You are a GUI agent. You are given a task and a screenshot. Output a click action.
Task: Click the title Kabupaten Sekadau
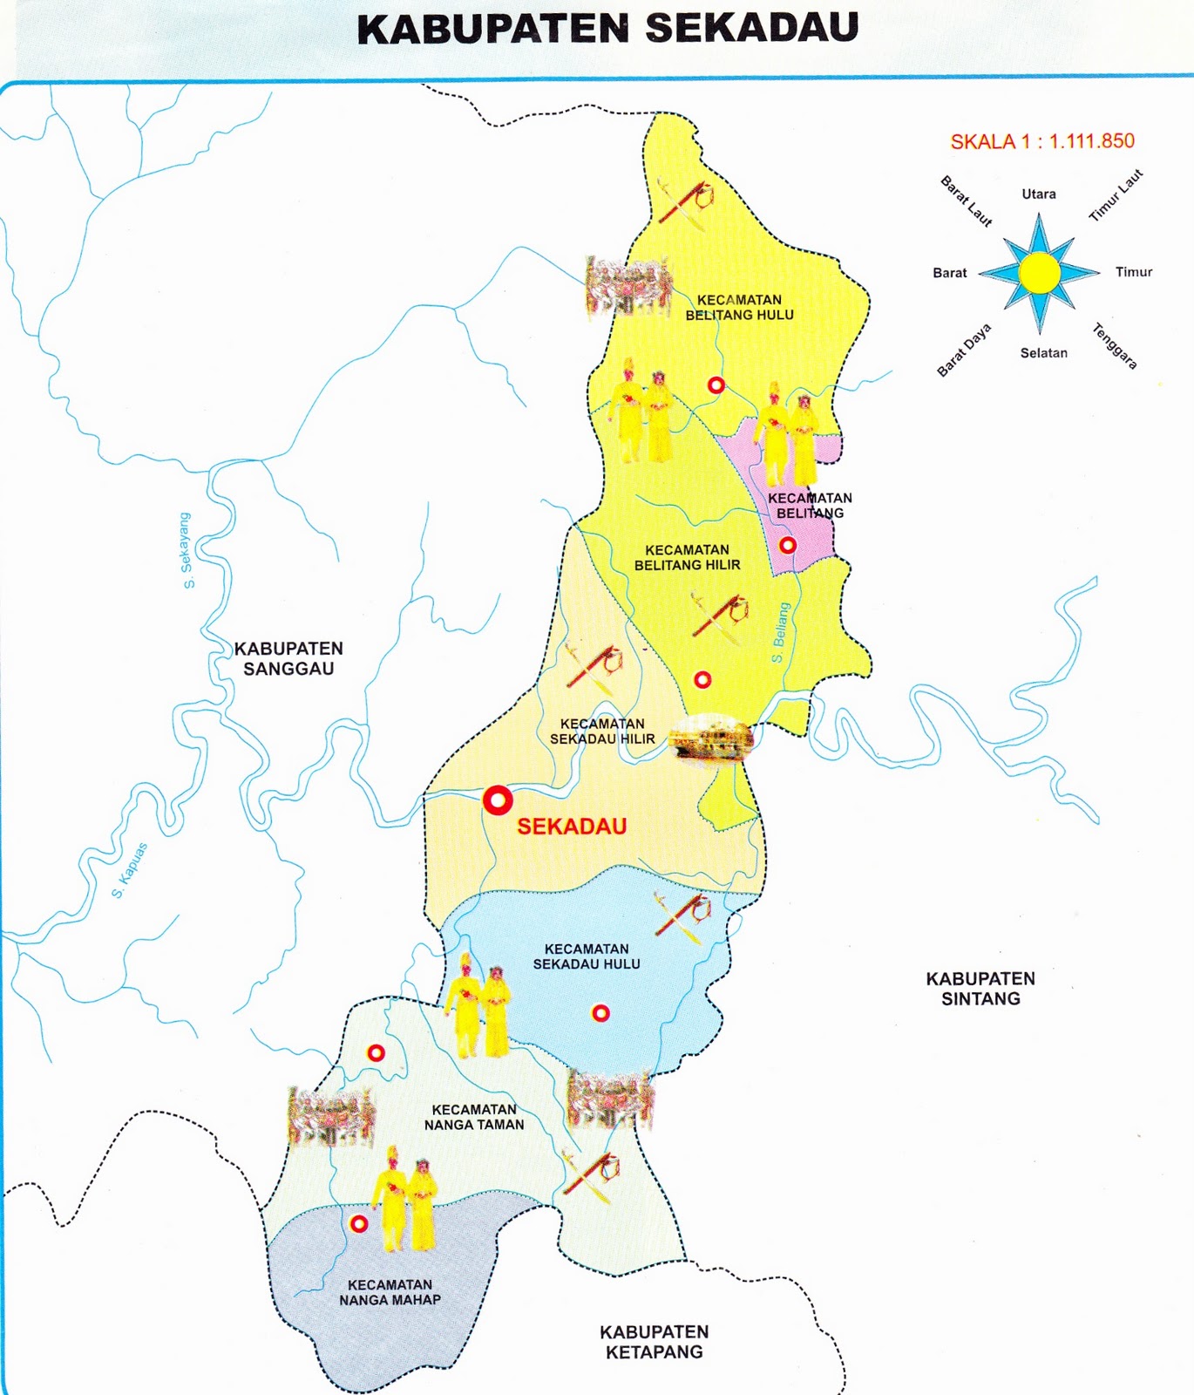[x=607, y=28]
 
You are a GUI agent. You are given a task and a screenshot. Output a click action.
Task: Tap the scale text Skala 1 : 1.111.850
[x=1041, y=141]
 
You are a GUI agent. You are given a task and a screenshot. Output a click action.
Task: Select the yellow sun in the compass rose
[x=1039, y=273]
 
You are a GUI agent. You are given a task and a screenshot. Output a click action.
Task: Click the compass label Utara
[x=1039, y=194]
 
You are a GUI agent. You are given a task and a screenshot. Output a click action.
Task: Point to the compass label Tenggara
[x=1115, y=346]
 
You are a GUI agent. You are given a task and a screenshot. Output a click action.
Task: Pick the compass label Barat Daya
[x=964, y=350]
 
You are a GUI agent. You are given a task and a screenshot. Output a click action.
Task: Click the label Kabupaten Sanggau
[x=288, y=658]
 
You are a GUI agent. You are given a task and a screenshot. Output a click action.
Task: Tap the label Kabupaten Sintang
[x=980, y=989]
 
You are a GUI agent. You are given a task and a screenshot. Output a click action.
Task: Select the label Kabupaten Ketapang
[x=654, y=1342]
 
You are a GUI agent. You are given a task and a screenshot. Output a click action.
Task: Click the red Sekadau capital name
[x=572, y=827]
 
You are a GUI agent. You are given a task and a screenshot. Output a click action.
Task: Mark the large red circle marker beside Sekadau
[x=498, y=800]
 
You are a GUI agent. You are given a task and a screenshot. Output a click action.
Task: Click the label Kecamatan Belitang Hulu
[x=739, y=307]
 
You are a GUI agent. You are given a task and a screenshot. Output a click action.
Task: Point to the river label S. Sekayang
[x=187, y=550]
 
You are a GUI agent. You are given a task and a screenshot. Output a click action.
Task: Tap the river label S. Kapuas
[x=130, y=870]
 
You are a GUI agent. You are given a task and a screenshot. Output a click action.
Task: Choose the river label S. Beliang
[x=780, y=632]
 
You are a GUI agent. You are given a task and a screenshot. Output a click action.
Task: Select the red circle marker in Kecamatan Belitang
[x=787, y=545]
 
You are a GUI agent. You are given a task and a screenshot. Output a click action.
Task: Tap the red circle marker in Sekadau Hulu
[x=600, y=1012]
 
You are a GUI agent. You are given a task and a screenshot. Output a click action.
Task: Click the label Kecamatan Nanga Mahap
[x=390, y=1292]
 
